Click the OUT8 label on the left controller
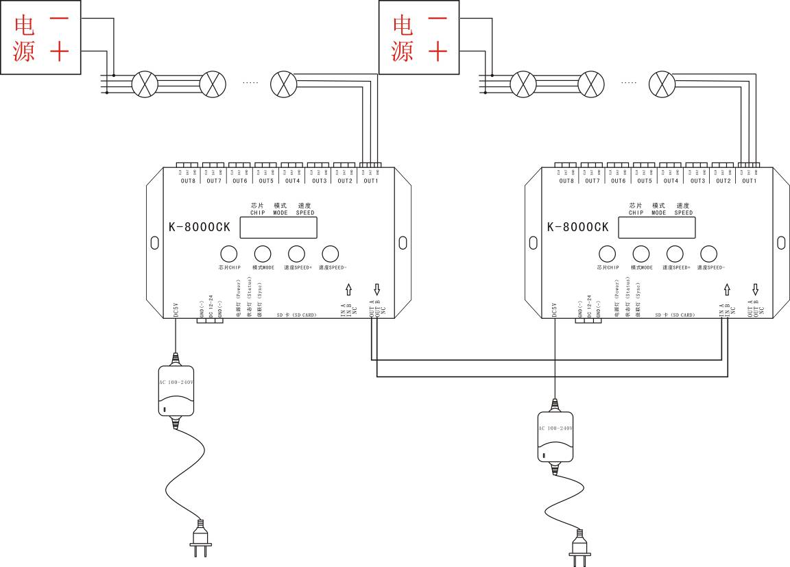pyautogui.click(x=188, y=181)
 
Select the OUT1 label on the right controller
pyautogui.click(x=750, y=181)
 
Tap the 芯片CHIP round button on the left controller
pyautogui.click(x=228, y=253)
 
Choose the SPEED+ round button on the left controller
pyautogui.click(x=296, y=253)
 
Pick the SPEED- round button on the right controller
pyautogui.click(x=709, y=253)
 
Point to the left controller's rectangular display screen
pyautogui.click(x=282, y=227)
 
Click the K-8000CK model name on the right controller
pyautogui.click(x=577, y=227)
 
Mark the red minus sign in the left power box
pyautogui.click(x=59, y=21)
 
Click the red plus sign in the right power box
pyautogui.click(x=438, y=51)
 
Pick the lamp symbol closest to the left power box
pyautogui.click(x=144, y=84)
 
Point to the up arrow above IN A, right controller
pyautogui.click(x=727, y=290)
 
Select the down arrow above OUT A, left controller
pyautogui.click(x=376, y=290)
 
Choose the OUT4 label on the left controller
pyautogui.click(x=293, y=181)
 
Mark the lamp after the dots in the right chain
pyautogui.click(x=662, y=84)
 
